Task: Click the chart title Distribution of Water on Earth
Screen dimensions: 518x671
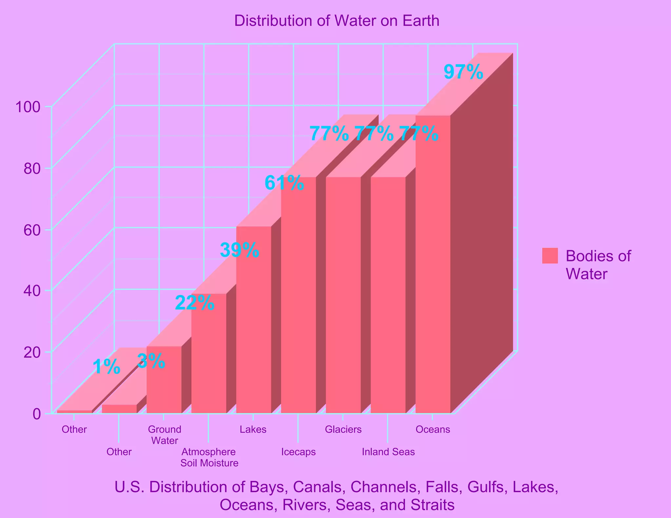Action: coord(336,21)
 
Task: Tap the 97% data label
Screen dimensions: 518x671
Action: coord(463,72)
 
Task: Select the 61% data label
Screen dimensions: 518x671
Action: coord(284,183)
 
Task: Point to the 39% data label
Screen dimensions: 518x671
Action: coord(240,250)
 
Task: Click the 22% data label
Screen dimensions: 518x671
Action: coord(195,303)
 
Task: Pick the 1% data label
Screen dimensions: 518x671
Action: coord(106,367)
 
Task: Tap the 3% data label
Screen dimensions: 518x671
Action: coord(151,361)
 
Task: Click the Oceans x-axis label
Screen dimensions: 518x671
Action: coord(432,429)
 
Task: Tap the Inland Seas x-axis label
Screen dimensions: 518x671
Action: coord(388,452)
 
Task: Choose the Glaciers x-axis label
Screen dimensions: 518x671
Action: coord(343,429)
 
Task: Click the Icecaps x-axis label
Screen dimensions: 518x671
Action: coord(298,452)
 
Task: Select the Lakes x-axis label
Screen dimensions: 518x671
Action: coord(253,429)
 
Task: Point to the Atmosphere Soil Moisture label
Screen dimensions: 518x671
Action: coord(209,458)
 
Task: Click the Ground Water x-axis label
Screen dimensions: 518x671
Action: coord(164,435)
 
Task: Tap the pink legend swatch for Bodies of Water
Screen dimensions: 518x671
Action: coord(550,256)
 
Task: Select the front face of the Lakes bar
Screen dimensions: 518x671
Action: coord(253,321)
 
